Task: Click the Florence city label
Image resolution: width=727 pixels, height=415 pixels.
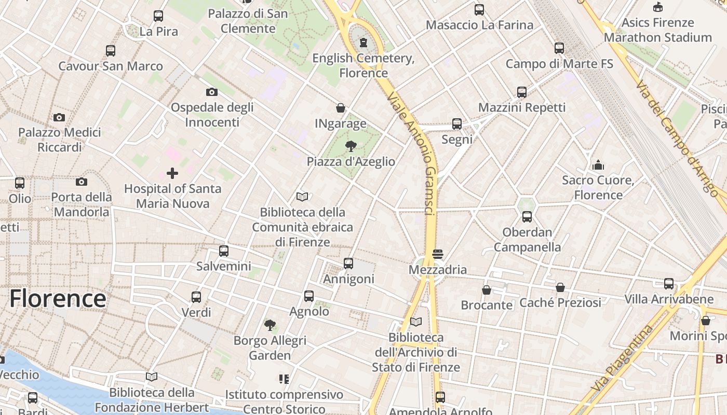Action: pos(58,299)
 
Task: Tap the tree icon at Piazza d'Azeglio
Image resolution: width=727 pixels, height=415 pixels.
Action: pos(351,146)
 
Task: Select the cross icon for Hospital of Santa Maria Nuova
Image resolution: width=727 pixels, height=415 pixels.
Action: pos(172,173)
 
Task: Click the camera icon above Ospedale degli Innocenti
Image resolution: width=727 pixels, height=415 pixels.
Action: pos(211,92)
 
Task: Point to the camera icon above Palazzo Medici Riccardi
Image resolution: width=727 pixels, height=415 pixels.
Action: pos(59,118)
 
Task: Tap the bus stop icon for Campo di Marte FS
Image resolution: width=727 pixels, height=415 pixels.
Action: pos(559,48)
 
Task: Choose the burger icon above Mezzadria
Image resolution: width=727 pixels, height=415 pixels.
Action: pos(437,254)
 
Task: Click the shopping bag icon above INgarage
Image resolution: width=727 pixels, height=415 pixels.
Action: pos(341,108)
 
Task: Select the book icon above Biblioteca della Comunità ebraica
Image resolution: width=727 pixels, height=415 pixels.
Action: pos(302,197)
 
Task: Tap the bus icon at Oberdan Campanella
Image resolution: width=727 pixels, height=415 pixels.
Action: pos(527,217)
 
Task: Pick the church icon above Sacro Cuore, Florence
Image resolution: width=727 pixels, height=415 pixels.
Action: pos(598,165)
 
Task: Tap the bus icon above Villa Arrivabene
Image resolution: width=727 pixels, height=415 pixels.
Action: pos(669,284)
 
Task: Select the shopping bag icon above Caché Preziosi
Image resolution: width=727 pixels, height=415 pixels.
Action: pos(560,287)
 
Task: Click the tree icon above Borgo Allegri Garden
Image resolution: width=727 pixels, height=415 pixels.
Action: pos(270,325)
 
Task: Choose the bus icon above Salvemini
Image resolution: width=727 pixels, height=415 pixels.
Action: pos(224,251)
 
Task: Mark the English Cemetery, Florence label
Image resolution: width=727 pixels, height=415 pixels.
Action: pos(363,65)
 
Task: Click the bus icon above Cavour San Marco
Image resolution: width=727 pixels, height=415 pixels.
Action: pos(111,51)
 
